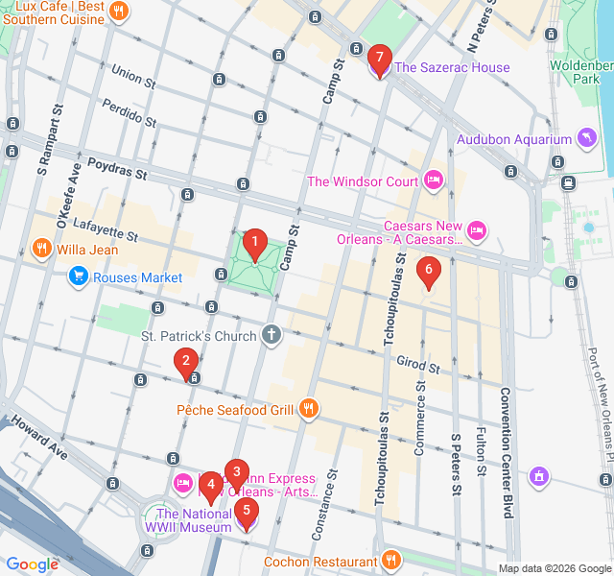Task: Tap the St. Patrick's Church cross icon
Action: [272, 336]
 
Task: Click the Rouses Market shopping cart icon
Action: [79, 278]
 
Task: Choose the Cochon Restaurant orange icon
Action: [390, 561]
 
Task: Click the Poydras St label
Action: [116, 170]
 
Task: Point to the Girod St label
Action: [417, 365]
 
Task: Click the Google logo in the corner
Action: [32, 564]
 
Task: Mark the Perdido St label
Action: [128, 112]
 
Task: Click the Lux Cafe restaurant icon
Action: [119, 12]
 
